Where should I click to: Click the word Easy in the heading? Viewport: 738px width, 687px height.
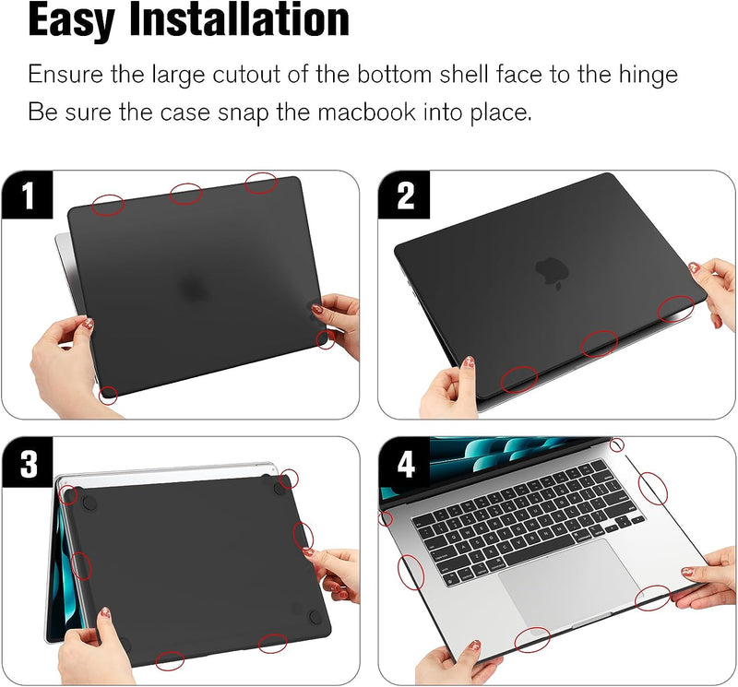point(72,19)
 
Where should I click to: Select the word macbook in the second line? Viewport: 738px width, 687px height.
point(366,113)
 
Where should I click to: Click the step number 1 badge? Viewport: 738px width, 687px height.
point(28,195)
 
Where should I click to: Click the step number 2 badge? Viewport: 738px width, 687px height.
point(404,195)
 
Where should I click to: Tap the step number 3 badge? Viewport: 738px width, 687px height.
point(28,463)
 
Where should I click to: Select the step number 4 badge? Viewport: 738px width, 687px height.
point(405,464)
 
